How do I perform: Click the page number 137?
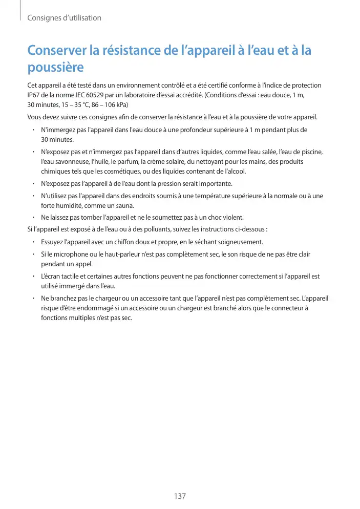coord(180,496)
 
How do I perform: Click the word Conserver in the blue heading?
coord(57,51)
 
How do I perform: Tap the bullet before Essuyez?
coord(33,242)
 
